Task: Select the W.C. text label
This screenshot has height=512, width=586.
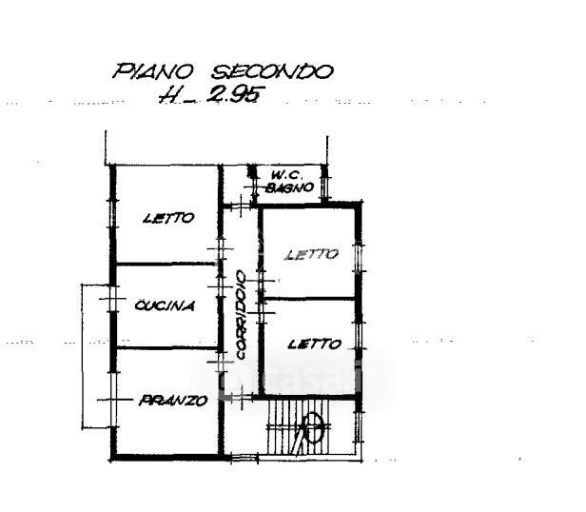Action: [x=285, y=175]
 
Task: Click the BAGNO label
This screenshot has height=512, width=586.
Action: [x=291, y=188]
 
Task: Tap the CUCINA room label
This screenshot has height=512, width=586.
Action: [x=165, y=305]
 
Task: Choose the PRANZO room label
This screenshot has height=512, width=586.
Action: [x=172, y=401]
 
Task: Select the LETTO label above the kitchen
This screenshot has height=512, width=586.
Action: [x=168, y=218]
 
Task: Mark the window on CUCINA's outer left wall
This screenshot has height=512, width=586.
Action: [x=112, y=305]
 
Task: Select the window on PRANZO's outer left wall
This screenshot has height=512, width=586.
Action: [x=112, y=401]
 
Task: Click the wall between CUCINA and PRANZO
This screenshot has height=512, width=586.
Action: [x=167, y=348]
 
